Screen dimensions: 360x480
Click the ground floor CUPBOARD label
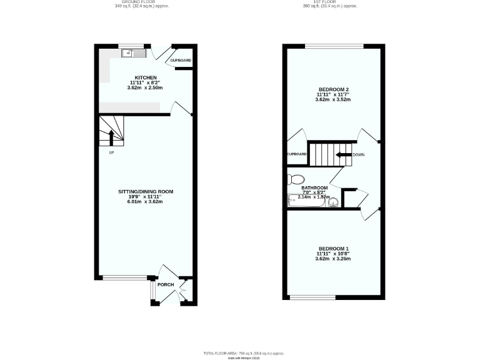point(181,61)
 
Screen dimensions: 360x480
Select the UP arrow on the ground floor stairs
point(112,136)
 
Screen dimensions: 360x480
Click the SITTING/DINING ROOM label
point(146,191)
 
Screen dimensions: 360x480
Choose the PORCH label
point(166,285)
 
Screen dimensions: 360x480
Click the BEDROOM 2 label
point(332,89)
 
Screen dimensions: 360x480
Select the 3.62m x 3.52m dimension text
point(332,99)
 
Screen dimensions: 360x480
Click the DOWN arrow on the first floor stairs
point(342,154)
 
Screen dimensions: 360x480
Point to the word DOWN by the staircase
point(359,154)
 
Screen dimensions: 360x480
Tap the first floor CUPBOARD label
point(296,154)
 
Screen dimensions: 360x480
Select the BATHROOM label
point(314,187)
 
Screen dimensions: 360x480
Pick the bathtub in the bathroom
point(306,201)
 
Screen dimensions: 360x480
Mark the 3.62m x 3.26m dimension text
point(332,258)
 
